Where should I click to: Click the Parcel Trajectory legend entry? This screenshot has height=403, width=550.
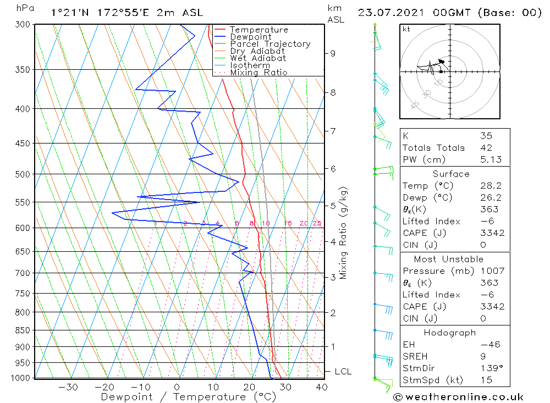coord(270,44)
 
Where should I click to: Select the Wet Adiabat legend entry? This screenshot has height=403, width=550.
coord(258,58)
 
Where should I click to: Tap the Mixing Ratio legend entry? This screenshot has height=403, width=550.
coord(258,73)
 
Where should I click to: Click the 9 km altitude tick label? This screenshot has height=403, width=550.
coord(333,53)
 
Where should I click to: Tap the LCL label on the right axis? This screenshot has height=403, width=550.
coord(343,372)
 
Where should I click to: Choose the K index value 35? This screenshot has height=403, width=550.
coord(486,136)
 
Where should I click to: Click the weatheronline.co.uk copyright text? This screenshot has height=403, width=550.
coord(458,397)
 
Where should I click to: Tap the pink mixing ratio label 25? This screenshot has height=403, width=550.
coord(317,223)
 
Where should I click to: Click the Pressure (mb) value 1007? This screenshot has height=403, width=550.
coord(492,271)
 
